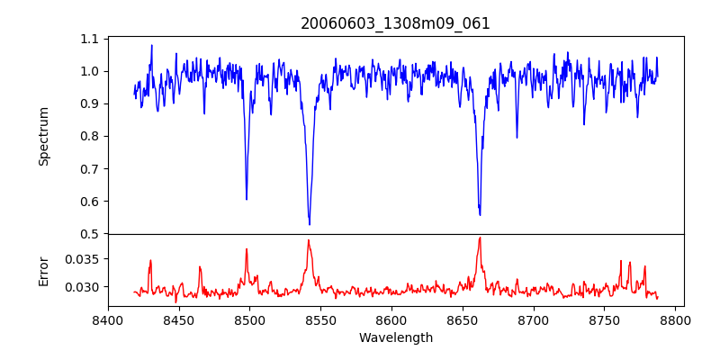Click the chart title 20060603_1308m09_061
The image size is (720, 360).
(x=395, y=23)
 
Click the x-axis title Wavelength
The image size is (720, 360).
(x=395, y=338)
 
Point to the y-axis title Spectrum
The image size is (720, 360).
(x=43, y=136)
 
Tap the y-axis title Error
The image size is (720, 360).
(x=43, y=270)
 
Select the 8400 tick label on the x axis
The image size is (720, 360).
(x=108, y=319)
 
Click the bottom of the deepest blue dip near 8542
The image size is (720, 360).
(x=310, y=224)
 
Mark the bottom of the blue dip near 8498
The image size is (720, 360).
(x=247, y=199)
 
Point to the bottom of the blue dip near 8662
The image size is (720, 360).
(x=480, y=215)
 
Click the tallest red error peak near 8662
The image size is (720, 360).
(x=480, y=238)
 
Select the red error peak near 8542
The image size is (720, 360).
(x=308, y=240)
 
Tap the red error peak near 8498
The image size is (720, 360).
(x=247, y=249)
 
